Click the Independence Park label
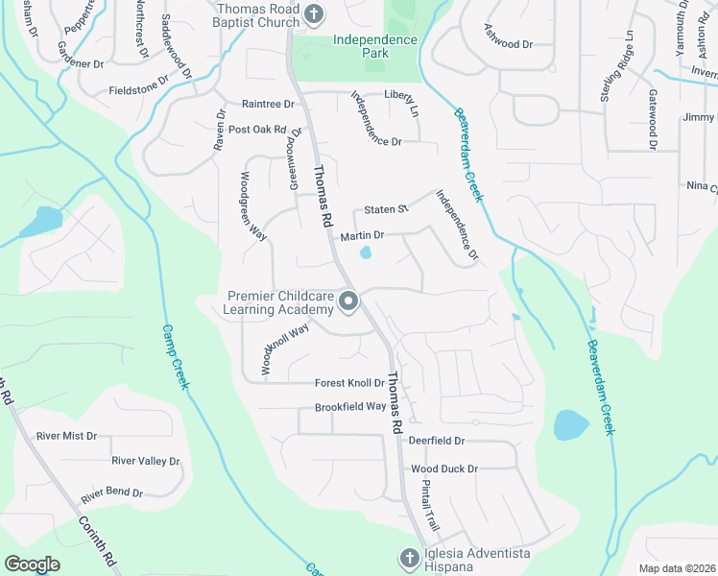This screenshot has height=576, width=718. point(375,46)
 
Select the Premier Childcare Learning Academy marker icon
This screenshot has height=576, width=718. point(348,303)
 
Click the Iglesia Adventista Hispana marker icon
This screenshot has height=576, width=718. point(408,558)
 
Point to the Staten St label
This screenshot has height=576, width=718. point(387,208)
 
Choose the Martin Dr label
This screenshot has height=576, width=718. point(362,235)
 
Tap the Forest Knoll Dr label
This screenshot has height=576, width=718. point(349,383)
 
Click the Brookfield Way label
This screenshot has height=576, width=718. point(350,407)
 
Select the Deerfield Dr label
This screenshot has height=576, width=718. point(436,441)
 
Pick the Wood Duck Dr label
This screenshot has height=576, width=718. point(444,468)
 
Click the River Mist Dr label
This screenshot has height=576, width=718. point(66,436)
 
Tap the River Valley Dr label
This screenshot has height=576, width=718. point(145,461)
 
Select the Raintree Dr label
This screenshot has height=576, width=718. point(268,104)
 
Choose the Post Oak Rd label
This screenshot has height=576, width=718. point(257,130)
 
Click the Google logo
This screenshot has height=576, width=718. point(33,564)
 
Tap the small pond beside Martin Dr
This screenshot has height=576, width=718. point(366,253)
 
